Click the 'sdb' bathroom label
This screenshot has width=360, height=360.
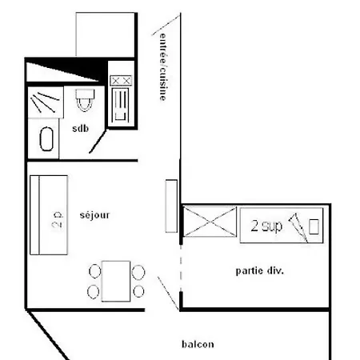click(81, 129)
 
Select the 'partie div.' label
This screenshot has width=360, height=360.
click(260, 270)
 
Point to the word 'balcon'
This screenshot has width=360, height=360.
click(197, 345)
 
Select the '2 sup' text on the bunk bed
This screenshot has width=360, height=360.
click(266, 226)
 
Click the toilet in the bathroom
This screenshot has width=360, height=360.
click(85, 101)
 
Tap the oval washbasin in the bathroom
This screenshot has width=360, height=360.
click(46, 138)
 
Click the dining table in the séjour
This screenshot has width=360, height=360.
click(117, 280)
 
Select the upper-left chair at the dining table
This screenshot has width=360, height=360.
click(95, 270)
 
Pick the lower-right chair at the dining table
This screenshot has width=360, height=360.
click(139, 291)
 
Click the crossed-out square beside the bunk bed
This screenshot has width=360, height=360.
click(210, 222)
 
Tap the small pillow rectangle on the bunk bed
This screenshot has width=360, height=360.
click(314, 226)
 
